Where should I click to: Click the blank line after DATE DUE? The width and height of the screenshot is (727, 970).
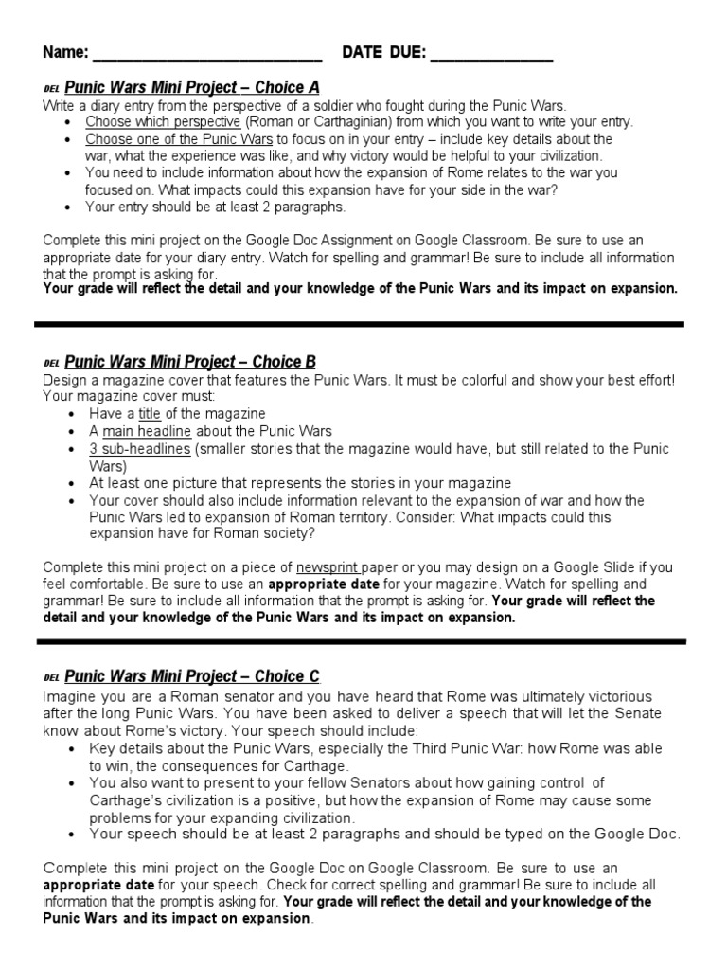click(x=491, y=59)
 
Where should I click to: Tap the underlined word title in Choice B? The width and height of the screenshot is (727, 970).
click(x=151, y=414)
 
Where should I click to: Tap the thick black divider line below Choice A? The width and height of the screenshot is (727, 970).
click(x=359, y=324)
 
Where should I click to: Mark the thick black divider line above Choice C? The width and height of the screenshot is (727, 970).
click(x=359, y=641)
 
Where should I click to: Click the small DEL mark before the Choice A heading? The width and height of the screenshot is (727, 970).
click(x=51, y=89)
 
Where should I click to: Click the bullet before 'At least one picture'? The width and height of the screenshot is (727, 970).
click(x=76, y=483)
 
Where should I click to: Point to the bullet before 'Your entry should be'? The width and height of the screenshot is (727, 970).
click(x=76, y=207)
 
